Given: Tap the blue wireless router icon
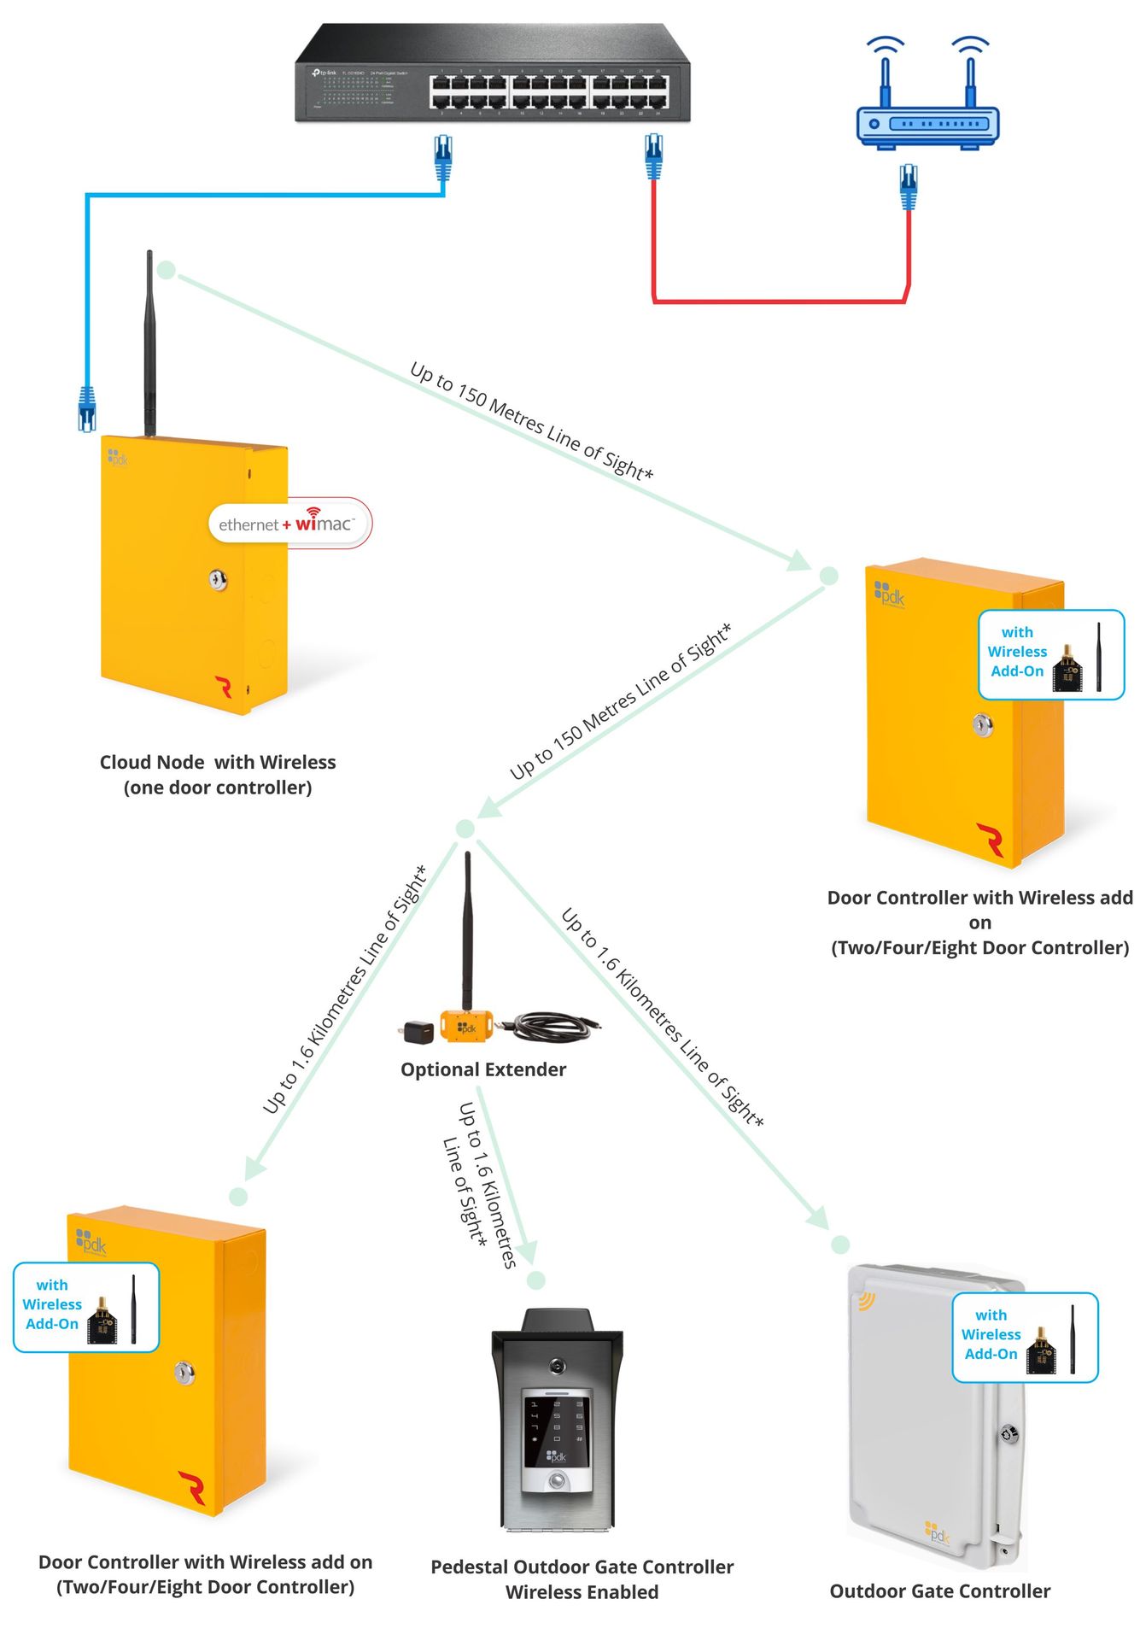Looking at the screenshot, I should click(927, 120).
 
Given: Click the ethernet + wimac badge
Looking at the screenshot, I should click(289, 523).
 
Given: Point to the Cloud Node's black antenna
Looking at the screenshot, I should click(149, 342).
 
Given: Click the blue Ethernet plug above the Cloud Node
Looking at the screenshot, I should click(86, 407).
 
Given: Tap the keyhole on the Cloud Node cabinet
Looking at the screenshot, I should click(219, 581).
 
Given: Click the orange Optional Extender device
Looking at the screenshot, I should click(466, 1026).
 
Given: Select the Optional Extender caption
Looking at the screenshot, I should click(483, 1069).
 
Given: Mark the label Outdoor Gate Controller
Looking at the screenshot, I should click(939, 1590).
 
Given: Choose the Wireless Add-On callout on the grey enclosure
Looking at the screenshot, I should click(1025, 1337).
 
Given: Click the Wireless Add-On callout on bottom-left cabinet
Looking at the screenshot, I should click(86, 1307).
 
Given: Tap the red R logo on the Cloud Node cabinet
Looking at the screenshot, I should click(224, 687).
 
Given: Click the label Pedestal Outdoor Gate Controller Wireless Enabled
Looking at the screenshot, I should click(582, 1578).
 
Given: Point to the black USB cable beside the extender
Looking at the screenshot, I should click(551, 1024).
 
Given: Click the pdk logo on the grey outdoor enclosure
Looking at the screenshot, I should click(937, 1532).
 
